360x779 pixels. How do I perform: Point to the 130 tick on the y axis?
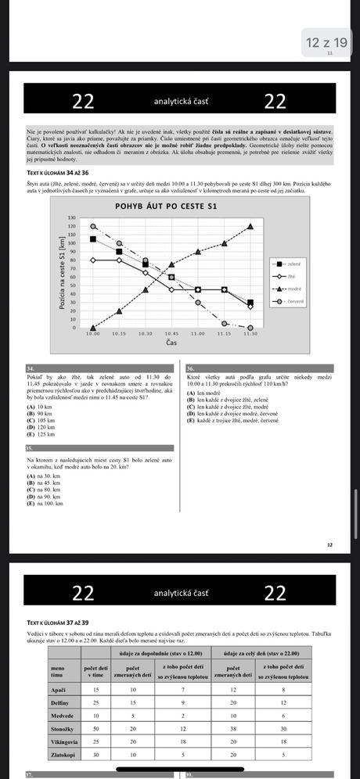tap(73, 218)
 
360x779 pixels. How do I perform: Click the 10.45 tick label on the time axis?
tap(171, 333)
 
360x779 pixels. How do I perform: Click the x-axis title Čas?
tap(171, 343)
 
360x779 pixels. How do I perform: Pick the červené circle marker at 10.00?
tap(93, 227)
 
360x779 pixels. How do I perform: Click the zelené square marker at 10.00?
tap(93, 239)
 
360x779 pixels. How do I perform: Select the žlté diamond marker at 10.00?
tap(93, 260)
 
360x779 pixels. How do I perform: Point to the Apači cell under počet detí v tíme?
tap(96, 689)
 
